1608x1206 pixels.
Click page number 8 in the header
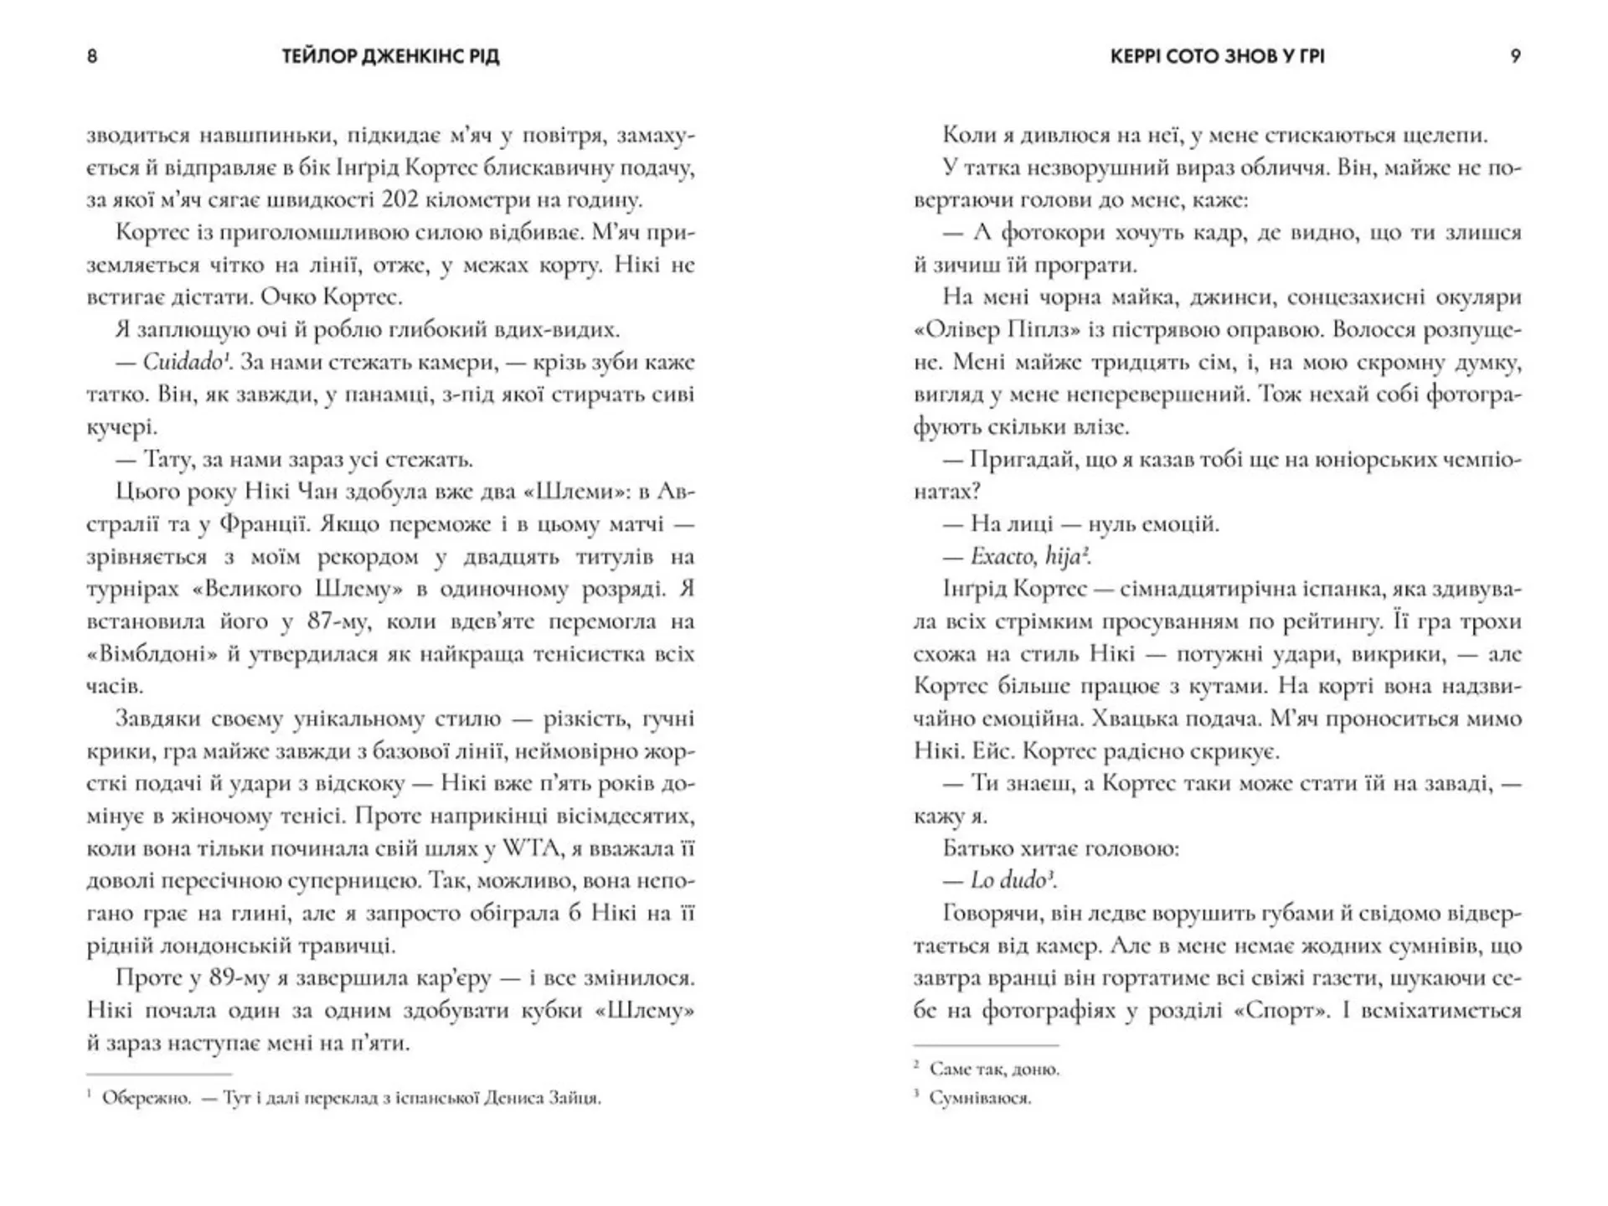[92, 56]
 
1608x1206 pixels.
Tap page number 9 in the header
[1515, 56]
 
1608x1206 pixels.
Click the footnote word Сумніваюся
[980, 1098]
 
